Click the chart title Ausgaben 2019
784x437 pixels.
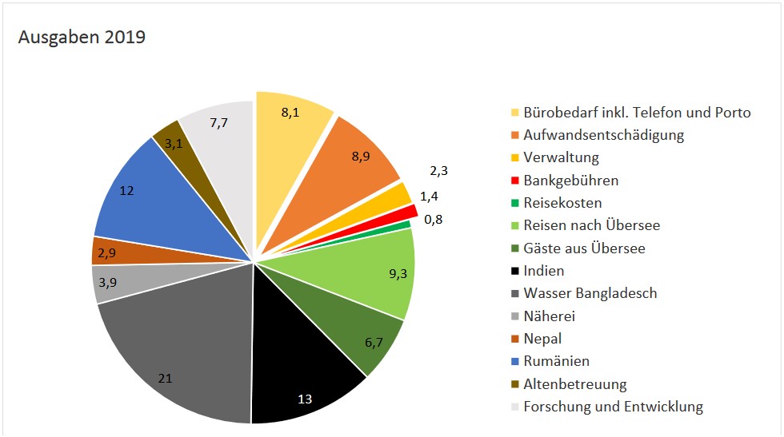pos(82,38)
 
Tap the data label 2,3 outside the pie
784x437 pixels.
pos(439,171)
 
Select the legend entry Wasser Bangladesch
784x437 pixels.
pos(590,293)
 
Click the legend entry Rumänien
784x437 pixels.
pos(556,361)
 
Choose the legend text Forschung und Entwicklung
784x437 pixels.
pos(613,407)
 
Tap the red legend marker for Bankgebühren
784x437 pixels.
pos(514,181)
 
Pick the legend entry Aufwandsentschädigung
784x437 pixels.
pos(603,135)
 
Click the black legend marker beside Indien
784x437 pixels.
pos(514,272)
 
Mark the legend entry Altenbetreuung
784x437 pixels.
pos(574,384)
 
